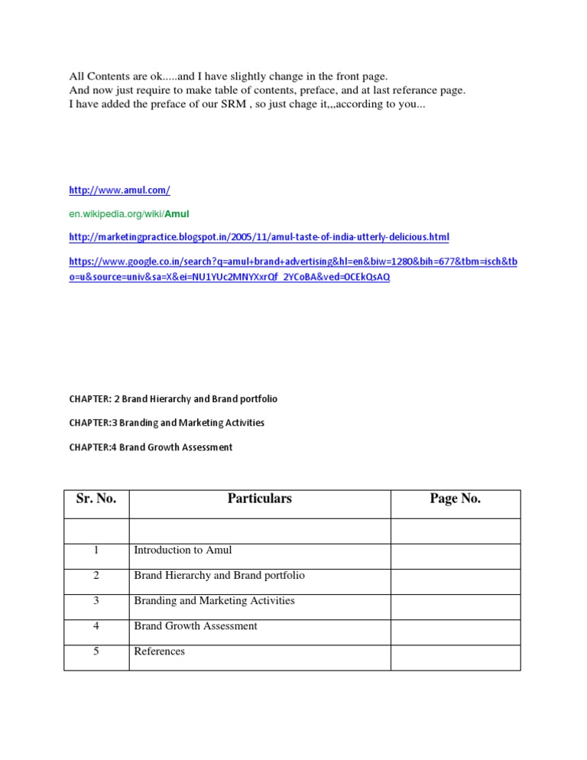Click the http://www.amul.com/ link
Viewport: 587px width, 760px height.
tap(119, 190)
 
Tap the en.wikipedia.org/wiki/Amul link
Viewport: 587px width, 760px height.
tap(128, 213)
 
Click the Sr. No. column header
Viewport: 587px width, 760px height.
tap(96, 499)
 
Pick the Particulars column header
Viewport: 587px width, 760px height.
tap(259, 499)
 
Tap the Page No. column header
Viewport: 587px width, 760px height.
tap(455, 499)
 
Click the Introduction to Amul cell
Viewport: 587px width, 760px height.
tap(183, 550)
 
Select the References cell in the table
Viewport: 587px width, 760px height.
tap(159, 651)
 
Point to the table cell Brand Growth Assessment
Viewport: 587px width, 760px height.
tap(195, 625)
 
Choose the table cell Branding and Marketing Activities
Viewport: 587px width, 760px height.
tap(214, 600)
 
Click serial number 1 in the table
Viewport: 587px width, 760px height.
tap(96, 550)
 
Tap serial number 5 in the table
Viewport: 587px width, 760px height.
tap(96, 651)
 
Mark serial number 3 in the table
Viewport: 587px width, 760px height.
tap(96, 600)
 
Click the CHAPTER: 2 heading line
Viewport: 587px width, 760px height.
tap(174, 399)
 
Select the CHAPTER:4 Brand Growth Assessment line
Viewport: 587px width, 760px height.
tap(151, 447)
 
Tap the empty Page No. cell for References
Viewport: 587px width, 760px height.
tap(455, 656)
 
